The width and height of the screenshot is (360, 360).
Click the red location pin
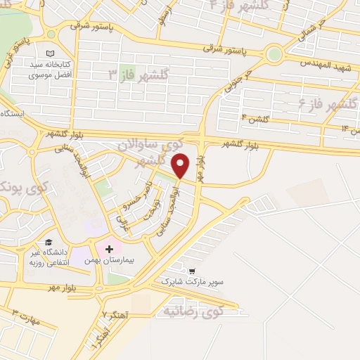tap(181, 166)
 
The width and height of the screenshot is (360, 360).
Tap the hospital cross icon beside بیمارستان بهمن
tap(110, 249)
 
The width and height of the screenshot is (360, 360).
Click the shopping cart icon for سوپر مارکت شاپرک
tap(192, 270)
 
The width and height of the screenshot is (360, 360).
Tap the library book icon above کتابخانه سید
tap(49, 53)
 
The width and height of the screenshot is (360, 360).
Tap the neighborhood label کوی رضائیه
tap(196, 309)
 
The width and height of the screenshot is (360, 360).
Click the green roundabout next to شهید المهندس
tap(274, 53)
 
